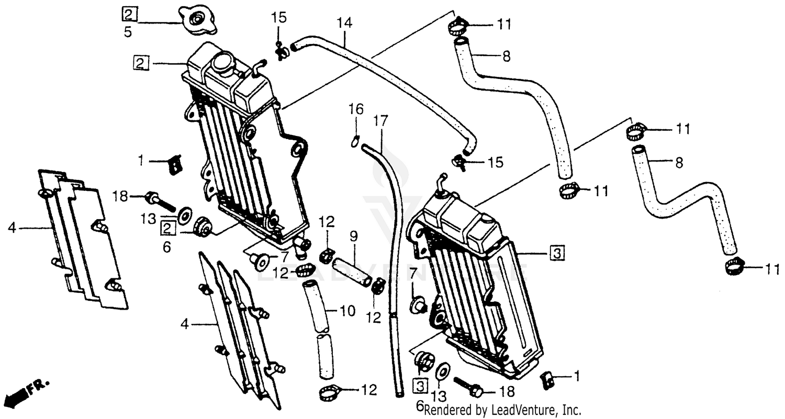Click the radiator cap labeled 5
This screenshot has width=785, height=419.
coord(196,20)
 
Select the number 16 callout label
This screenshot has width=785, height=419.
coord(356,109)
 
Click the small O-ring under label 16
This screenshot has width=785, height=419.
coord(355,140)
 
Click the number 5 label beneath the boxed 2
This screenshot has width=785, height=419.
coord(128,32)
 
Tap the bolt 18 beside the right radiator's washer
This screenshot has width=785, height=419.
coord(468,388)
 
